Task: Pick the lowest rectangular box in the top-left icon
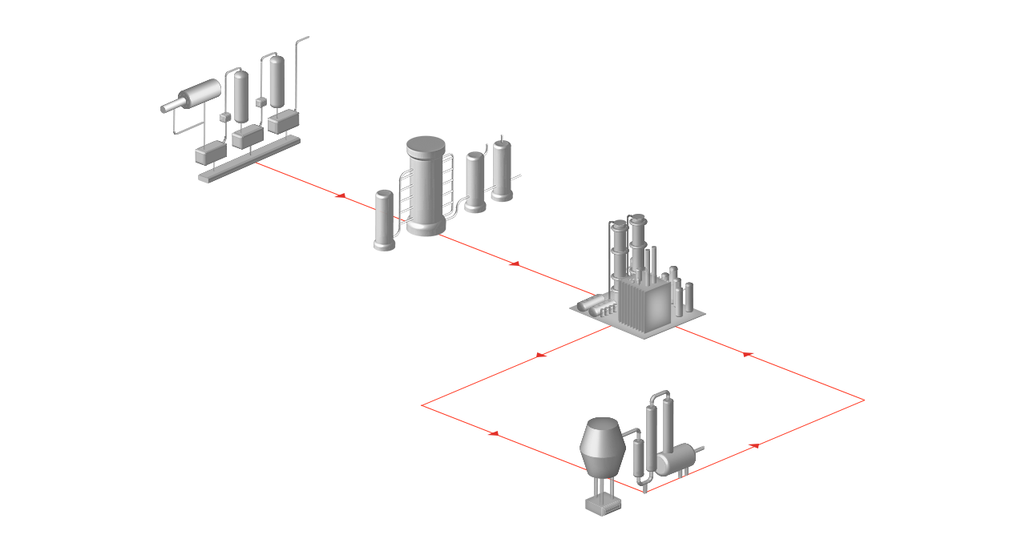click(211, 152)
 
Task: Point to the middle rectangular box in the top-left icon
click(247, 137)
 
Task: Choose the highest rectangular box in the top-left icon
click(283, 121)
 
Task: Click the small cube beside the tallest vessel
click(261, 102)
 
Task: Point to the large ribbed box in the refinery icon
click(640, 304)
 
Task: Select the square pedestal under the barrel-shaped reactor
click(602, 505)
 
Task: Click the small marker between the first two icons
click(340, 195)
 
